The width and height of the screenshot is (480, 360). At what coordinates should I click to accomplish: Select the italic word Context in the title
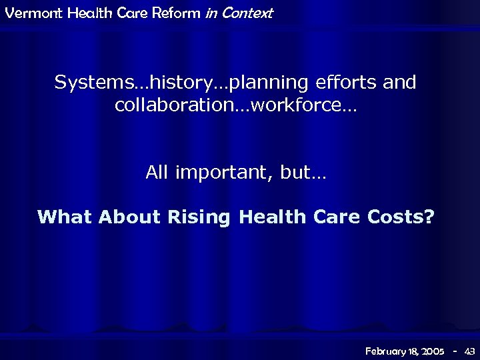[x=247, y=13]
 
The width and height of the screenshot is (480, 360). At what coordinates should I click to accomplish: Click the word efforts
[x=353, y=83]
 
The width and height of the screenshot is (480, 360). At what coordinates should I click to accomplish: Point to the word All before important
[x=157, y=173]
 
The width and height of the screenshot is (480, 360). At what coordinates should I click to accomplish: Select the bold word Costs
[x=393, y=217]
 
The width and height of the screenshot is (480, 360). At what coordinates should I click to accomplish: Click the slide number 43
[x=469, y=350]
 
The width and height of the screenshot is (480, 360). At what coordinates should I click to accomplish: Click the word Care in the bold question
[x=334, y=217]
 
